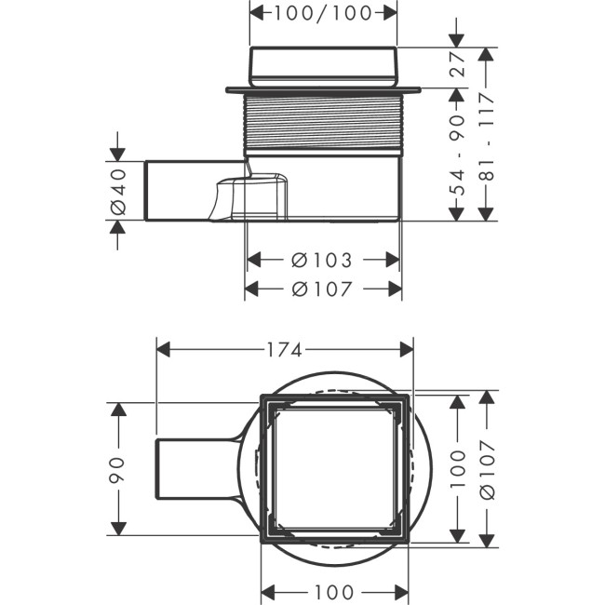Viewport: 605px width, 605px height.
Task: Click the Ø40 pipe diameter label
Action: coord(117,191)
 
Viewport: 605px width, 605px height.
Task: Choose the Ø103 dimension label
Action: coord(322,259)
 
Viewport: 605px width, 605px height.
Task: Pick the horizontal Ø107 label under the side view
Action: coord(322,289)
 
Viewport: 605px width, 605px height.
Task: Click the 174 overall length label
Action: coord(284,350)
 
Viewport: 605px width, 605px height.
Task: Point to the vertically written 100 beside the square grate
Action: coord(457,469)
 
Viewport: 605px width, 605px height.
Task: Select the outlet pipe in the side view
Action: coord(177,191)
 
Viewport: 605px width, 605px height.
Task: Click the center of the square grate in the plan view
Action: coord(334,468)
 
